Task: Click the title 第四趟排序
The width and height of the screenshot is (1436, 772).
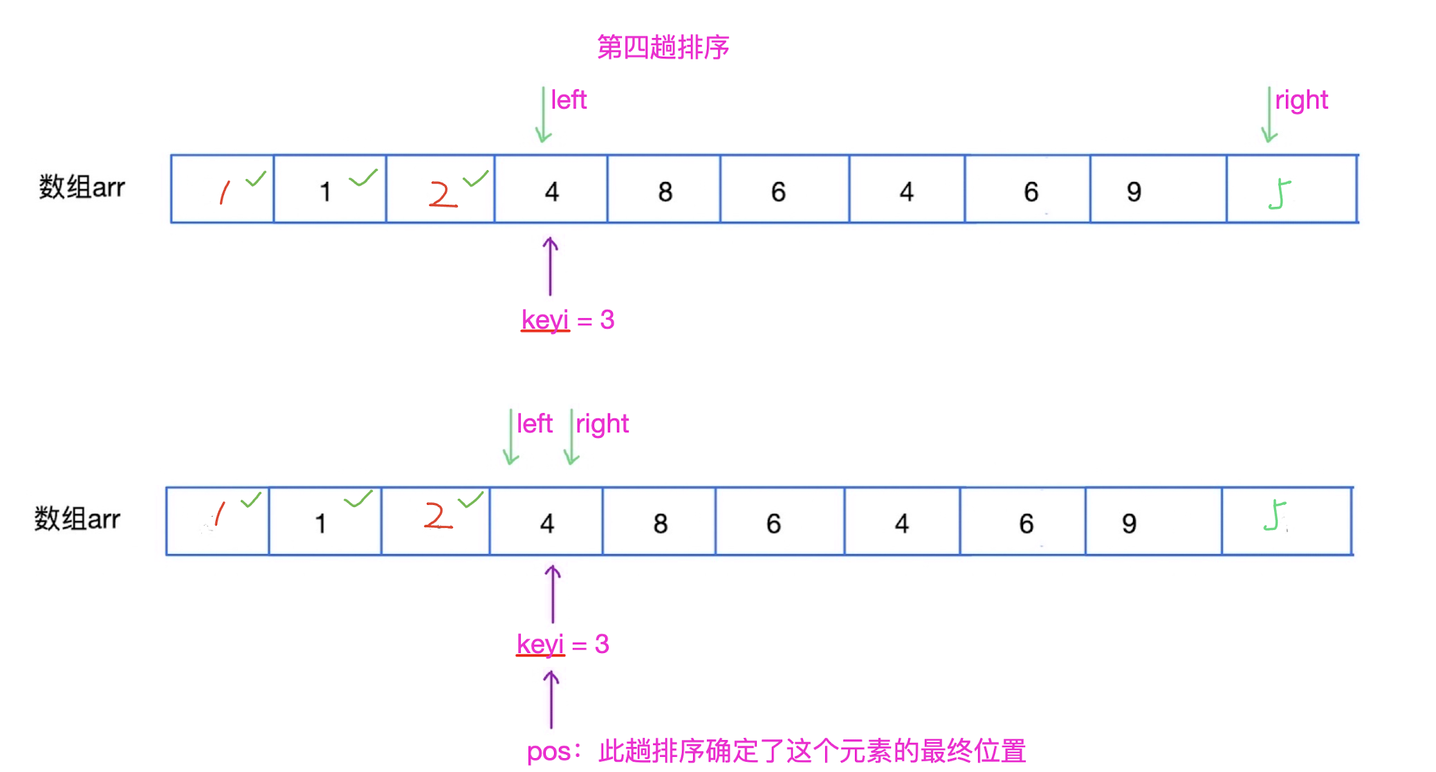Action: click(663, 47)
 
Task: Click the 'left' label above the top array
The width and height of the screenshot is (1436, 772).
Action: click(569, 100)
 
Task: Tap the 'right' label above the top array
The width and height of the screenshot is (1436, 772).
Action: click(1301, 100)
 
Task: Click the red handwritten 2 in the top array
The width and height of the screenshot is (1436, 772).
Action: click(442, 194)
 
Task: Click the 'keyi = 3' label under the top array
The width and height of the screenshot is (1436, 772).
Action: click(567, 320)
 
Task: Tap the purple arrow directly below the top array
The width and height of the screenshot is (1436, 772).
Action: click(551, 266)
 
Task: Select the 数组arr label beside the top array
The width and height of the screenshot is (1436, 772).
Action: click(82, 187)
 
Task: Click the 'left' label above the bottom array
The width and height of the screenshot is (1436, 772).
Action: click(535, 424)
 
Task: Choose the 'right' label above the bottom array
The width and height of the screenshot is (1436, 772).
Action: click(602, 424)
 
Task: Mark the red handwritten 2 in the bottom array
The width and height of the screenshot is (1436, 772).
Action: click(437, 517)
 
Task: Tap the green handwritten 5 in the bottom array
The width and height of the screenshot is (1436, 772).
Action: click(1274, 517)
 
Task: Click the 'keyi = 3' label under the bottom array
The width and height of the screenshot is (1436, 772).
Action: click(562, 645)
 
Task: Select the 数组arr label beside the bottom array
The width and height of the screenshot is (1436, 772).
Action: click(77, 519)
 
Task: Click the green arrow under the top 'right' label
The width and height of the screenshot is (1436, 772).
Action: click(1269, 115)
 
